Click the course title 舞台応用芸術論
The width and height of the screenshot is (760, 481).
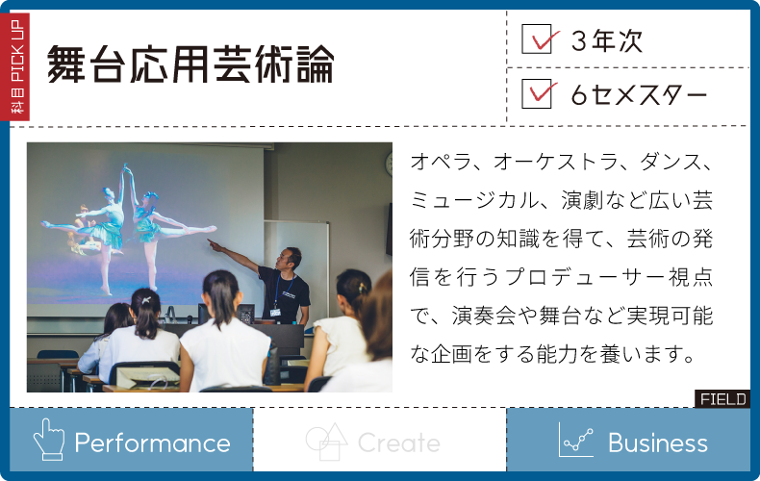(x=190, y=64)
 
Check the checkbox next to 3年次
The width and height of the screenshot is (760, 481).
(x=537, y=38)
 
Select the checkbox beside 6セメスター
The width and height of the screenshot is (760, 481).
(x=537, y=93)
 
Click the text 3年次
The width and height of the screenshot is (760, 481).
(x=607, y=40)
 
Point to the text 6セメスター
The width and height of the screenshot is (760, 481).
(x=640, y=94)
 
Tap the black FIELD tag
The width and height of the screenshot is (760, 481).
(x=722, y=398)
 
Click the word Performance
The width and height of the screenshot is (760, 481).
(x=152, y=443)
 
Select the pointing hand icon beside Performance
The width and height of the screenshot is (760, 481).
(x=48, y=440)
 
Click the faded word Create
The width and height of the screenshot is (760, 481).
(x=398, y=443)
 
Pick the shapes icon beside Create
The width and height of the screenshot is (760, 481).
(x=327, y=442)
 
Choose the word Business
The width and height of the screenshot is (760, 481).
(x=658, y=443)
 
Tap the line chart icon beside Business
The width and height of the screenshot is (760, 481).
(x=576, y=440)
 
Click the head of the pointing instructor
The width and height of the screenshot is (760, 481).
(x=290, y=259)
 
